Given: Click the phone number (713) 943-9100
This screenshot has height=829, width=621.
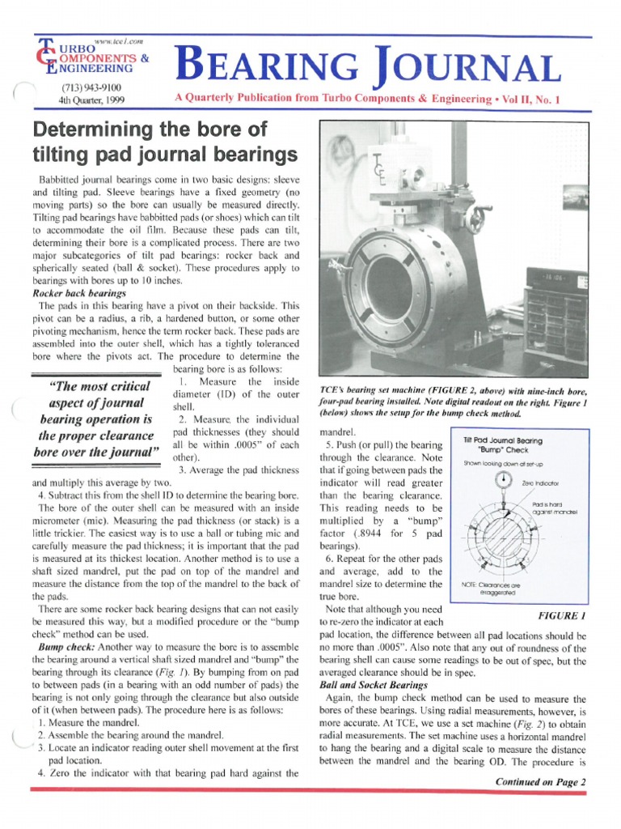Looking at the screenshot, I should pos(91,87).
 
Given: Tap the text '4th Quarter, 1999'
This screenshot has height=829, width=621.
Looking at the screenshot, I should pos(91,100).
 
